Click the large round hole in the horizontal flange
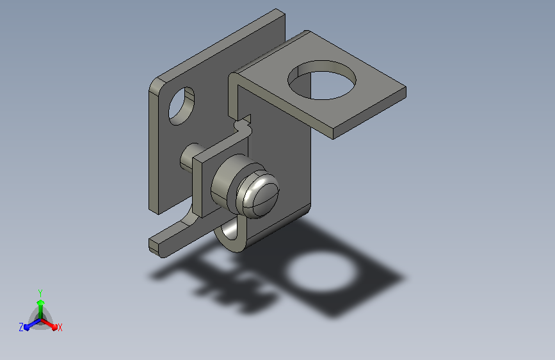coord(322,80)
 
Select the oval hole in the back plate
coord(182,106)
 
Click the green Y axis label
coord(40,293)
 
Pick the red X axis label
coord(60,327)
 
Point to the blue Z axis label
coord(21,327)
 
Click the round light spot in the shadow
coord(320,273)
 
